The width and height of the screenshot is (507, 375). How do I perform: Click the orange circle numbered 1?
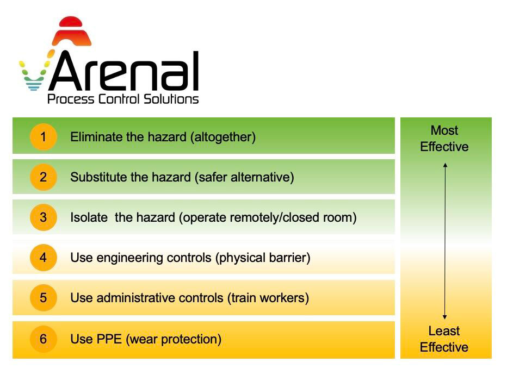(x=44, y=136)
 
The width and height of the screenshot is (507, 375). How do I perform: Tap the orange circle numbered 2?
(x=44, y=177)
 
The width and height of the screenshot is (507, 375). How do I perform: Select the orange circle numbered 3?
(x=44, y=217)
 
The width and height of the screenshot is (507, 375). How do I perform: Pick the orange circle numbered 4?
(x=44, y=258)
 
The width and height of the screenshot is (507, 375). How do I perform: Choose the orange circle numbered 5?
(x=44, y=297)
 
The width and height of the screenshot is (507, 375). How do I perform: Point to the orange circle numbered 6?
(x=44, y=339)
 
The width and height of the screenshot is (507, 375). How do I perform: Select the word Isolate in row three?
(x=89, y=217)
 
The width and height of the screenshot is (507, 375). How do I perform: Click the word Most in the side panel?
(x=444, y=130)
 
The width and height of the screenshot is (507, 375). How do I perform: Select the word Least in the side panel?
(x=444, y=331)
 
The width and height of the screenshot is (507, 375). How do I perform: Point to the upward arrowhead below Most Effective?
(x=445, y=165)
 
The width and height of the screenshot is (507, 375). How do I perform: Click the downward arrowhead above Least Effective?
(x=444, y=317)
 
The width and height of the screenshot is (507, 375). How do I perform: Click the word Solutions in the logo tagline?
(x=171, y=99)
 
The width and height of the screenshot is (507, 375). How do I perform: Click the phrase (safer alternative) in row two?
(x=244, y=177)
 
